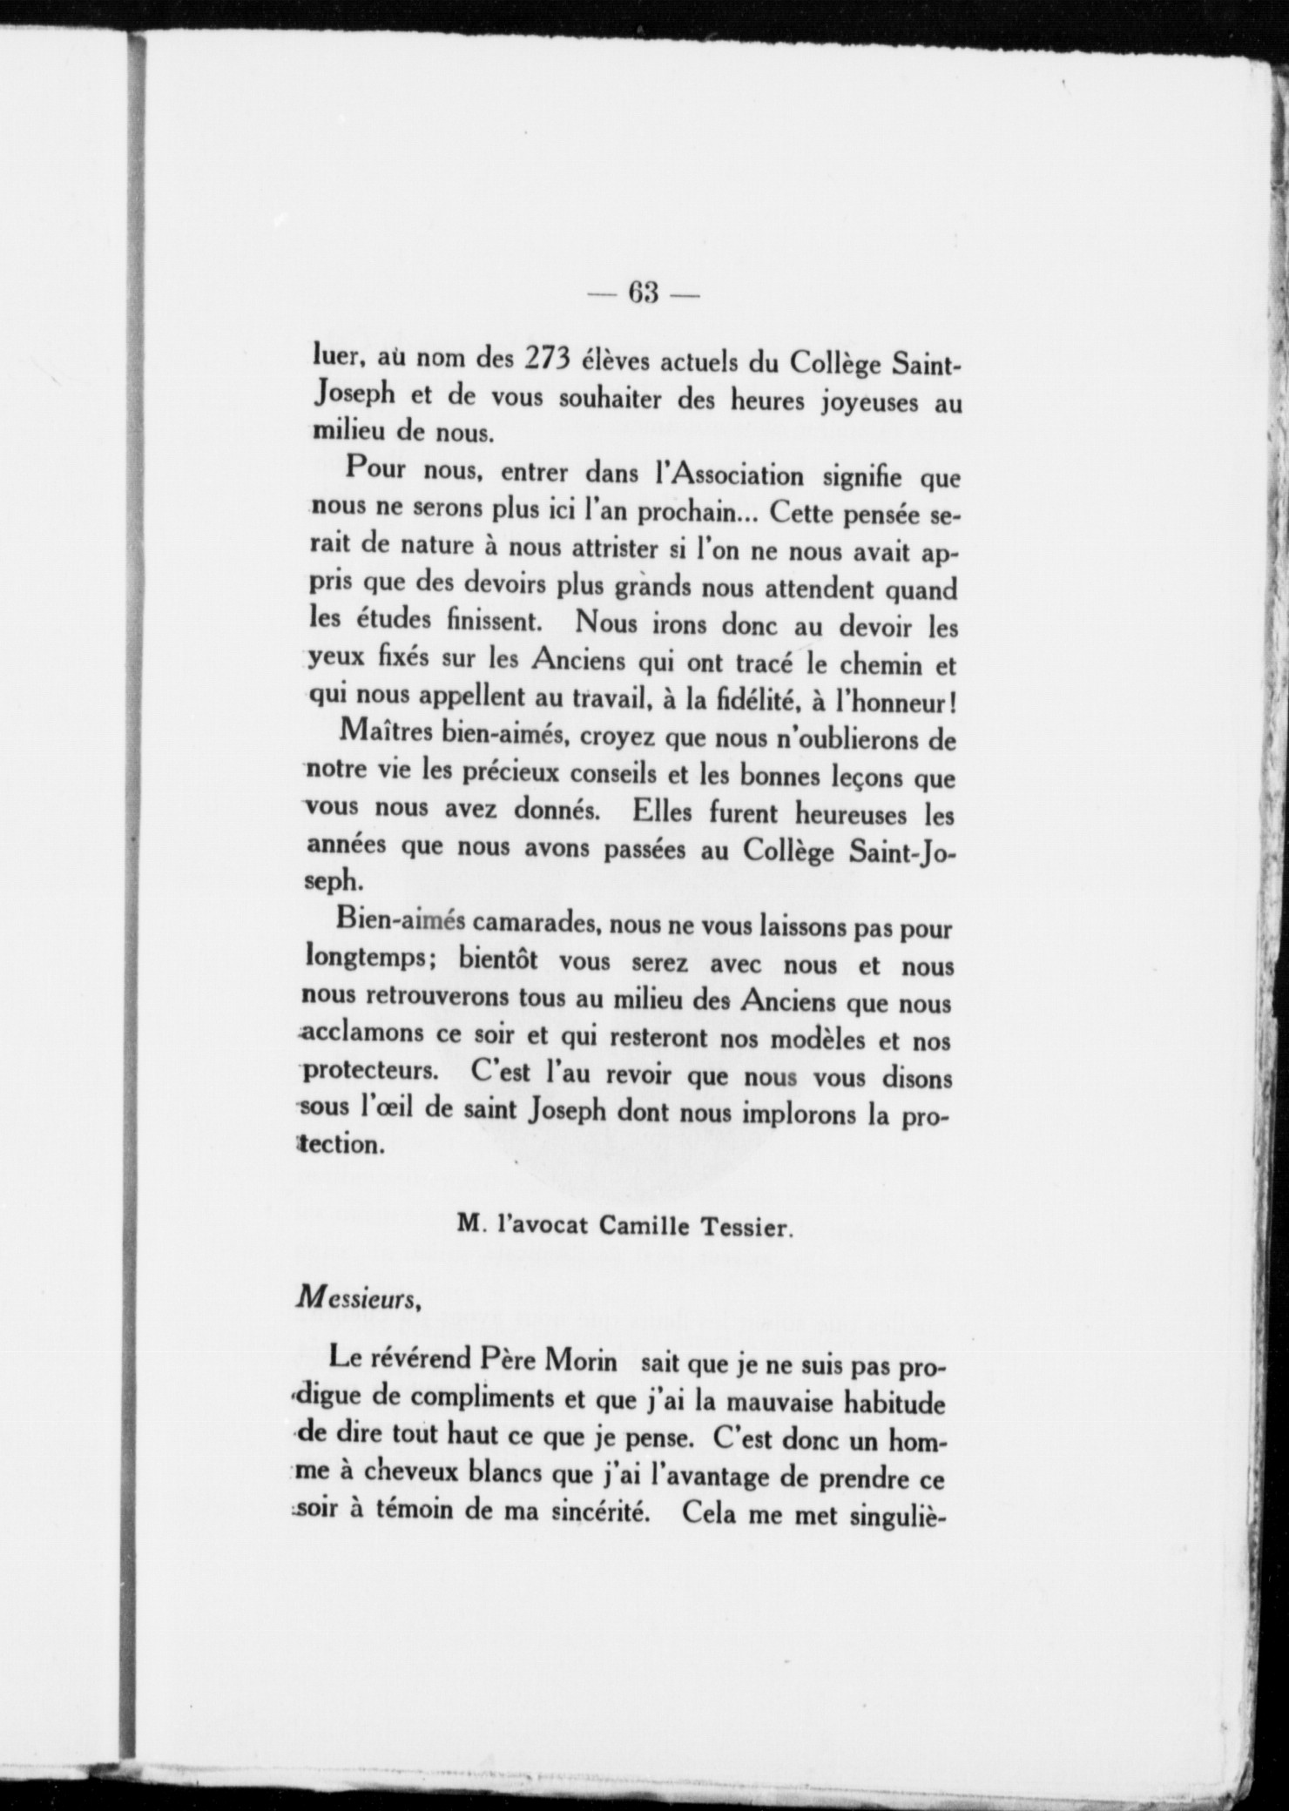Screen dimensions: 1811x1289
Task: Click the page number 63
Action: pyautogui.click(x=644, y=293)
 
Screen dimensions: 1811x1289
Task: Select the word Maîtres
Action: pyautogui.click(x=386, y=739)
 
